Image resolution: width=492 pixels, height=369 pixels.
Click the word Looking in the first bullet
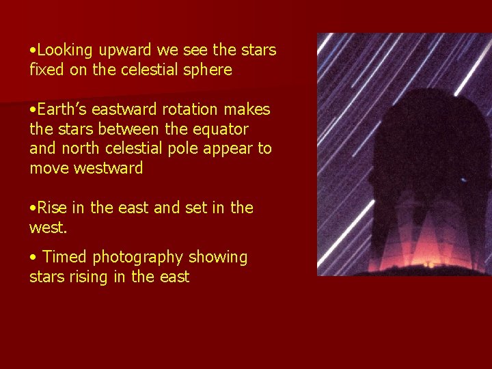pyautogui.click(x=66, y=51)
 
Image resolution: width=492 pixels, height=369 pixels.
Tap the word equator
pyautogui.click(x=219, y=129)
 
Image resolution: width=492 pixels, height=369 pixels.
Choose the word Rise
pyautogui.click(x=53, y=208)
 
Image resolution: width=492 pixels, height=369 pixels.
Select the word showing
pyautogui.click(x=217, y=258)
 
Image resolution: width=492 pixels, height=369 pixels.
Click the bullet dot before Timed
pyautogui.click(x=33, y=258)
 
